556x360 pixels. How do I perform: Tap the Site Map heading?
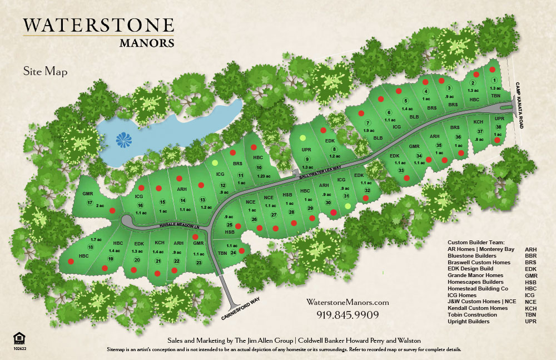point(45,71)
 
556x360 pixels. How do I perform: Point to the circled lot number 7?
point(367,123)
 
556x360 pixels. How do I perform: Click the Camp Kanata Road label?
point(519,106)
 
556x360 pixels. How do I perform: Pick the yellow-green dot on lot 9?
point(302,137)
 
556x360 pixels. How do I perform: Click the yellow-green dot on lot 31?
point(348,206)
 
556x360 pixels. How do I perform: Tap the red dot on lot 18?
point(71,261)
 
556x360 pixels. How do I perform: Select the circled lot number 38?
point(499,127)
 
